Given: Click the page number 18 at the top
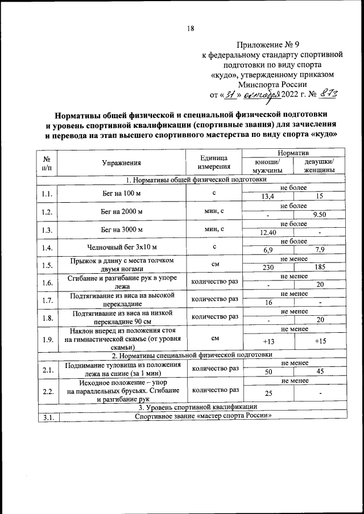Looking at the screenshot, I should [x=191, y=28].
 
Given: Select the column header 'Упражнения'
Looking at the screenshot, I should [x=121, y=163].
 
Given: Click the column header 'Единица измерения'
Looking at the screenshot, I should [x=214, y=163].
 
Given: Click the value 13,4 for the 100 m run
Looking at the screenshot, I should [x=265, y=197].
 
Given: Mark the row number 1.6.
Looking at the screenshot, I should [x=47, y=282].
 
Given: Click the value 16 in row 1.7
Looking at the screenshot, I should [x=266, y=303].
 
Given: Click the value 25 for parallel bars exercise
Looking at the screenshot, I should [x=266, y=394].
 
